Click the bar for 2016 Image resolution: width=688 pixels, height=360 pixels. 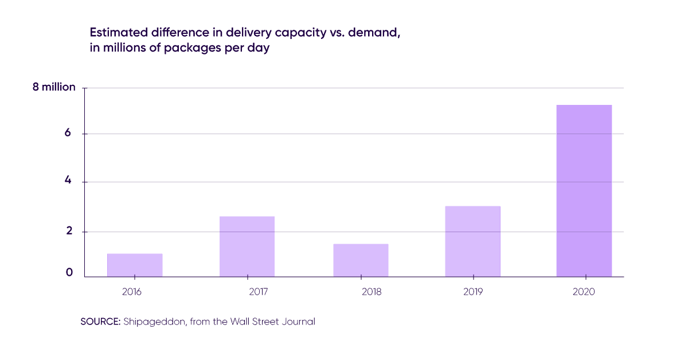click(x=135, y=265)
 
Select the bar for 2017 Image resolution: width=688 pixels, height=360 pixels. click(x=247, y=246)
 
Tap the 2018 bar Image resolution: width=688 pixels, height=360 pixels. click(x=361, y=260)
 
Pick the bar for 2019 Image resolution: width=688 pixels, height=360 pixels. click(x=472, y=241)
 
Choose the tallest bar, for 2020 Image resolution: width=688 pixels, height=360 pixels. click(x=584, y=191)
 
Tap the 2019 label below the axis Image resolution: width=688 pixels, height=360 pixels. click(x=472, y=292)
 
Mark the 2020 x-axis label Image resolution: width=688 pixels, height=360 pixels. click(x=584, y=292)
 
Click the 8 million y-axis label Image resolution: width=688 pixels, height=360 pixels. click(x=54, y=88)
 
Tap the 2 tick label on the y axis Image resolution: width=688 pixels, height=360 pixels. click(x=68, y=231)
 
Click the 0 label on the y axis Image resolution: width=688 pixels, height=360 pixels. click(x=69, y=273)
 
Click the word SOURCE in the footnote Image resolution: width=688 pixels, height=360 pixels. click(x=100, y=322)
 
